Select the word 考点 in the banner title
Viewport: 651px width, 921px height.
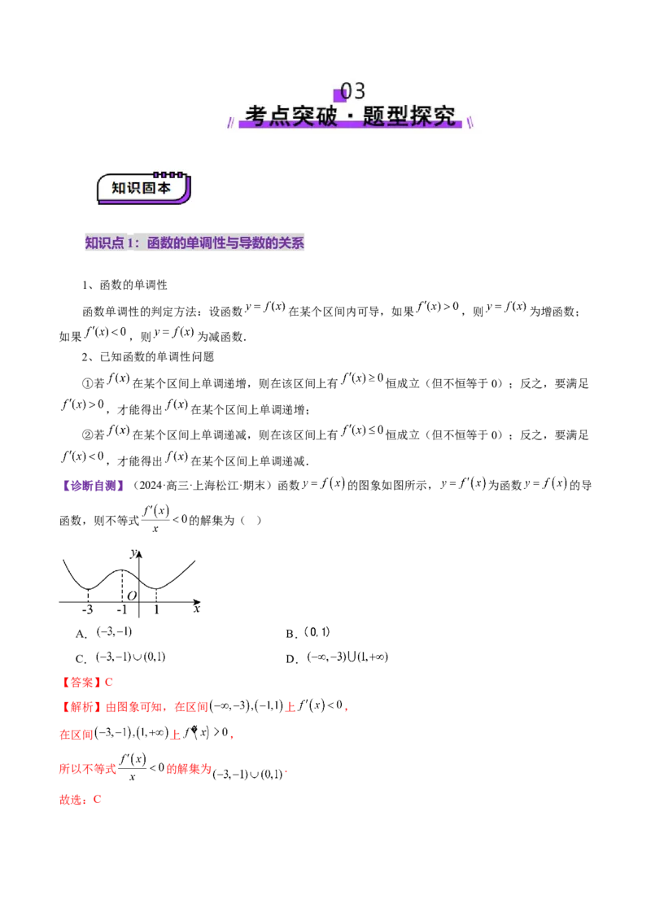(x=266, y=116)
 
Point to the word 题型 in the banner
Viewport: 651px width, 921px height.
(x=385, y=116)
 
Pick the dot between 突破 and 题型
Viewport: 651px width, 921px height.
(x=349, y=116)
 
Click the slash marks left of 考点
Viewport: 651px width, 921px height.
(x=231, y=122)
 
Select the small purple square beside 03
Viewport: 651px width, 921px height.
(x=339, y=94)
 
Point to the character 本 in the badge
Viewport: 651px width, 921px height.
(x=165, y=188)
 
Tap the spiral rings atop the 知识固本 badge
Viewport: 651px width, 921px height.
(x=168, y=174)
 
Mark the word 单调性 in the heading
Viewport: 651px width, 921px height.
(x=200, y=242)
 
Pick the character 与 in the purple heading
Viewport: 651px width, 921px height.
(x=231, y=242)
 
